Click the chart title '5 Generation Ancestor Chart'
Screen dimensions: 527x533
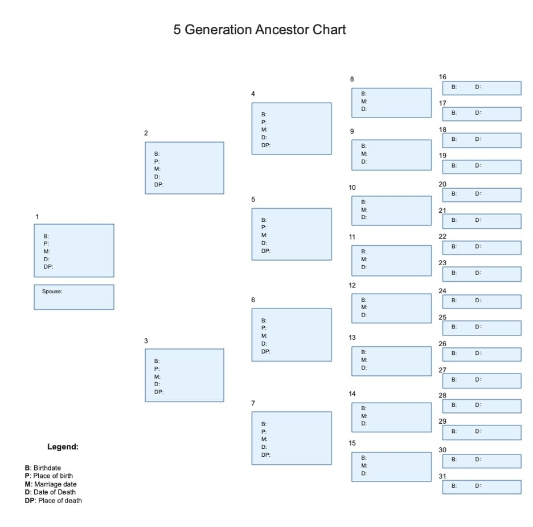(x=260, y=30)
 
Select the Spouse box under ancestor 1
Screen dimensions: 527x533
(x=74, y=297)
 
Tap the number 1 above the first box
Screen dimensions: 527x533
(x=37, y=217)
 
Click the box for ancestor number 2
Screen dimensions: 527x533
(x=184, y=168)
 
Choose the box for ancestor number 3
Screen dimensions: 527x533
(x=184, y=375)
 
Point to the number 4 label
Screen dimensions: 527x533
(x=253, y=94)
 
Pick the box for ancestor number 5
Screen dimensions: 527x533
(x=292, y=234)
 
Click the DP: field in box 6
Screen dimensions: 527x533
(x=266, y=351)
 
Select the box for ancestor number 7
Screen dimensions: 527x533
(x=292, y=438)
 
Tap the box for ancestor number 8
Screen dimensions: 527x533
(x=391, y=103)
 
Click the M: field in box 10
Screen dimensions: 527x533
(x=364, y=209)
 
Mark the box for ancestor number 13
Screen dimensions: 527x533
(x=391, y=361)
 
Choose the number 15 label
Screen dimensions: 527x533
(x=352, y=443)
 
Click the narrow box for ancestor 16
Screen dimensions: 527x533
(x=482, y=88)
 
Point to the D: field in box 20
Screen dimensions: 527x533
(x=478, y=193)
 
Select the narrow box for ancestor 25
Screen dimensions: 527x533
(x=482, y=328)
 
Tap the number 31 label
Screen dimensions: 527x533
(x=442, y=476)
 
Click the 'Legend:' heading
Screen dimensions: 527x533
(x=63, y=447)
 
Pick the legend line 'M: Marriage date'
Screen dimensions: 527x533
(x=51, y=484)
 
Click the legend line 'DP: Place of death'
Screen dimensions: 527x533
(x=54, y=501)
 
